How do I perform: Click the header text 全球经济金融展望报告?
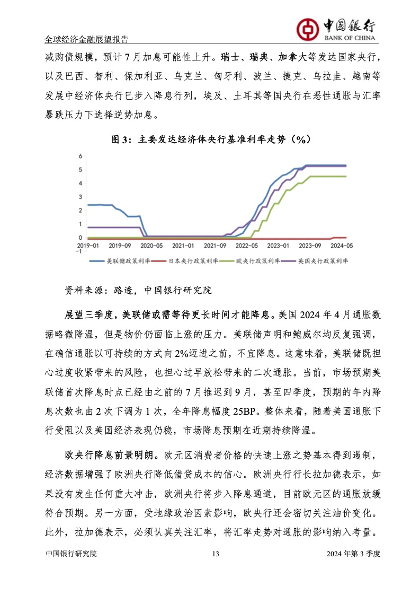pos(87,40)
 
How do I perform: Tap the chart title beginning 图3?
pos(210,139)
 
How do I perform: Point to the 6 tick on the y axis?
pos(80,156)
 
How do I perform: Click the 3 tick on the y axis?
pos(80,197)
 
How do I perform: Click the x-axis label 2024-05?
pos(340,246)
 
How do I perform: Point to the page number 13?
pos(215,568)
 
